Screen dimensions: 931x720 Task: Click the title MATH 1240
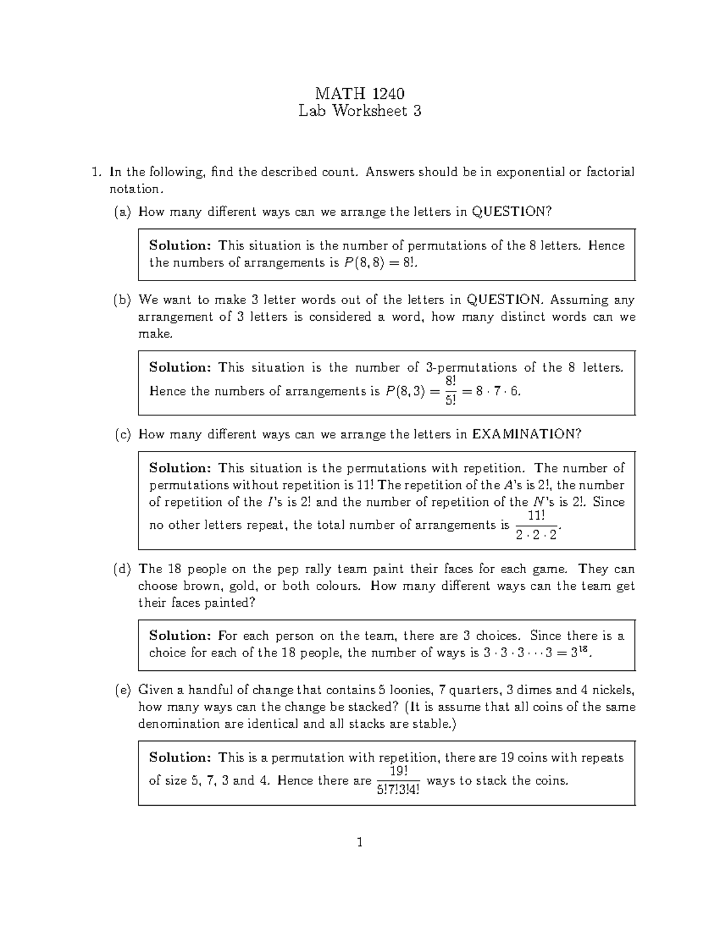tap(359, 94)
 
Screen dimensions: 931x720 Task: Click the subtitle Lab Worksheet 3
tap(359, 111)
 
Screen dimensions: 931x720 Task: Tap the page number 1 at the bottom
tap(359, 842)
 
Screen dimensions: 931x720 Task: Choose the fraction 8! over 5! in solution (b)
tap(451, 391)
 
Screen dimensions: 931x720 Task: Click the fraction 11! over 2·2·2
tap(536, 525)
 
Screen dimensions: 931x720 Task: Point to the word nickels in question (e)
tap(614, 690)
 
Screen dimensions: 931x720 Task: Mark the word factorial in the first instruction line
tap(610, 173)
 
